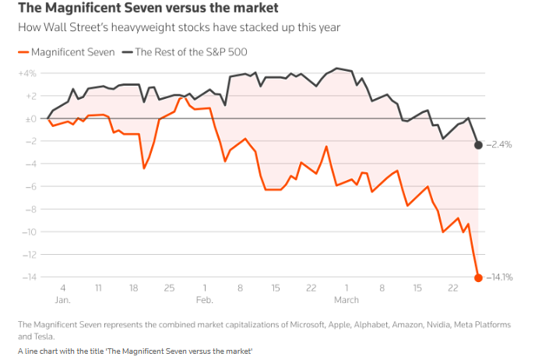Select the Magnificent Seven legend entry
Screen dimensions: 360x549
[x=65, y=52]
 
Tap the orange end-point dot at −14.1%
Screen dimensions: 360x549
[x=478, y=277]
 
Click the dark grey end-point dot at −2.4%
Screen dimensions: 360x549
[x=478, y=145]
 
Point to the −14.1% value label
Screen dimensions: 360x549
[x=500, y=277]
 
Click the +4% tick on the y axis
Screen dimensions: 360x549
[x=27, y=73]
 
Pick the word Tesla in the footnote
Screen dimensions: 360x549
[x=29, y=336]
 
